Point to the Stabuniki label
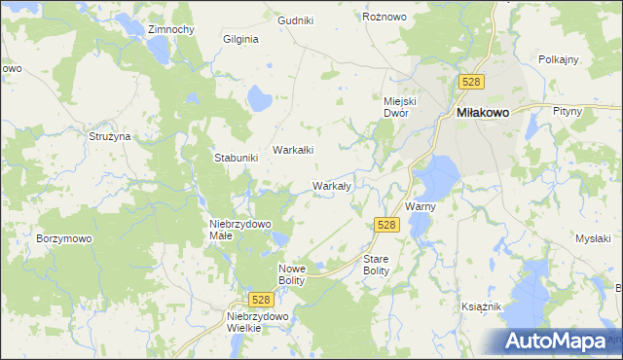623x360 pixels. (236, 158)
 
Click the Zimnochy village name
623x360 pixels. (171, 29)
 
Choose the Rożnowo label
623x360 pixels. (384, 18)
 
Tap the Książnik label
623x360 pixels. (481, 306)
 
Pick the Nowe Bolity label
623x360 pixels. (292, 274)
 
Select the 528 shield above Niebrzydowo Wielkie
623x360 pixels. (259, 301)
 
